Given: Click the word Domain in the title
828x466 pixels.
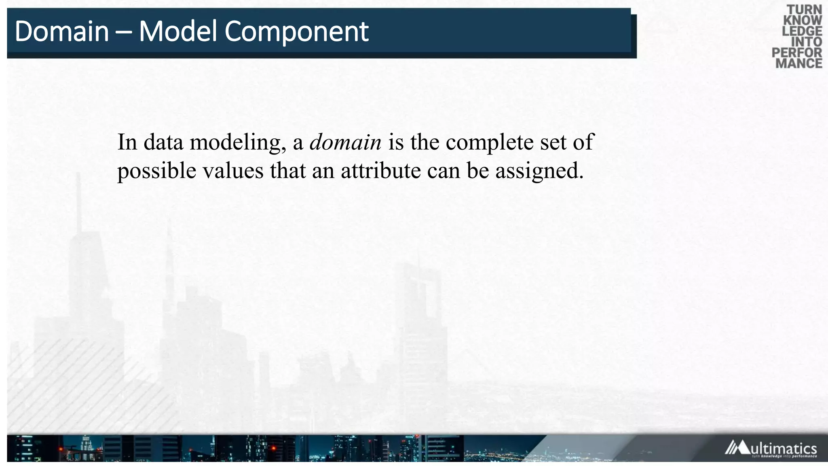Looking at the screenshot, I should click(x=61, y=32).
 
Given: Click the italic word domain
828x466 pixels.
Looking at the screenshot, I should click(x=345, y=142).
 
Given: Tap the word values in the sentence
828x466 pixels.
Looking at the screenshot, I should click(x=233, y=171).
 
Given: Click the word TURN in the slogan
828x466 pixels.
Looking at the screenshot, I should click(x=804, y=10).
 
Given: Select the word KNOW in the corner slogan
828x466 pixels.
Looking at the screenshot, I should click(x=803, y=20).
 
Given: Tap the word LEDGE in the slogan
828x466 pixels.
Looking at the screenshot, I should click(x=802, y=31).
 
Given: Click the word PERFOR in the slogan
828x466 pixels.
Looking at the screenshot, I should click(x=797, y=53).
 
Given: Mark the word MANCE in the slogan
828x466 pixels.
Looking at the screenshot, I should click(x=798, y=64).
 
